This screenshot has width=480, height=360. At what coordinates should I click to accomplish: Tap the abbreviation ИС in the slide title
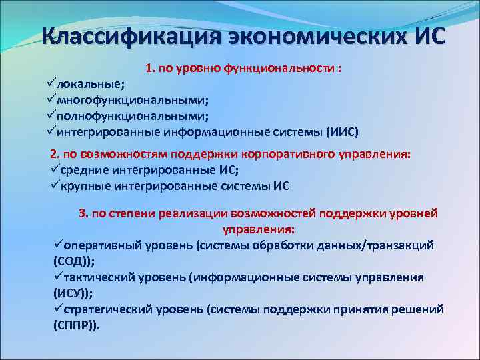[424, 35]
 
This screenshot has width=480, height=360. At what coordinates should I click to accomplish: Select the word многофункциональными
[133, 101]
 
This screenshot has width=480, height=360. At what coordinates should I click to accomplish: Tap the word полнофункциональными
[133, 116]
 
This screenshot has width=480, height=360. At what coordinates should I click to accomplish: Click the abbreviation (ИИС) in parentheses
[341, 132]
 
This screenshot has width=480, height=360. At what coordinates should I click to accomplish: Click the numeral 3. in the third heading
[84, 214]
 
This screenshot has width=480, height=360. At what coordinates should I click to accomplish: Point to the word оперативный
[103, 245]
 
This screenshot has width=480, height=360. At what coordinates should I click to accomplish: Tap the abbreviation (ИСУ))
[73, 293]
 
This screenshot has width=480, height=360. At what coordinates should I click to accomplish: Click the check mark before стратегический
[58, 309]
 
